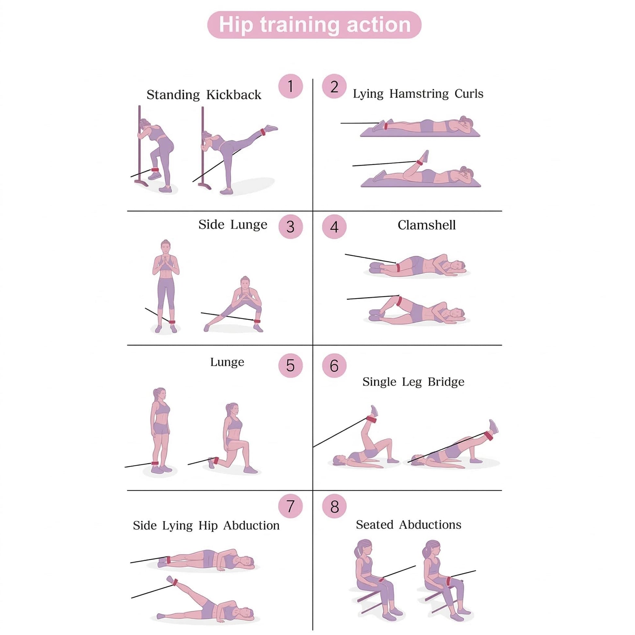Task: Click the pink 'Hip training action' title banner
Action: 314,25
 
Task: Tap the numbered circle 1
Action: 290,86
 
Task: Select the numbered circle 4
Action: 334,227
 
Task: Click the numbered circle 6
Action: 334,366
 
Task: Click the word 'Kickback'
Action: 234,95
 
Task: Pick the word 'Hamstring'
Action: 419,94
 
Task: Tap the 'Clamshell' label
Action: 426,225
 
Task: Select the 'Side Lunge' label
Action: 233,225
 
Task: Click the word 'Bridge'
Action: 446,382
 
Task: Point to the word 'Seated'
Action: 375,525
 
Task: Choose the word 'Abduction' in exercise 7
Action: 252,526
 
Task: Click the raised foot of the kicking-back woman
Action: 271,128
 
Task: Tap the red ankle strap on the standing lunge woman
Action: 155,463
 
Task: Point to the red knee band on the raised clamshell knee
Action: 399,301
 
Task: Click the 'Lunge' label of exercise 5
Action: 227,362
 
